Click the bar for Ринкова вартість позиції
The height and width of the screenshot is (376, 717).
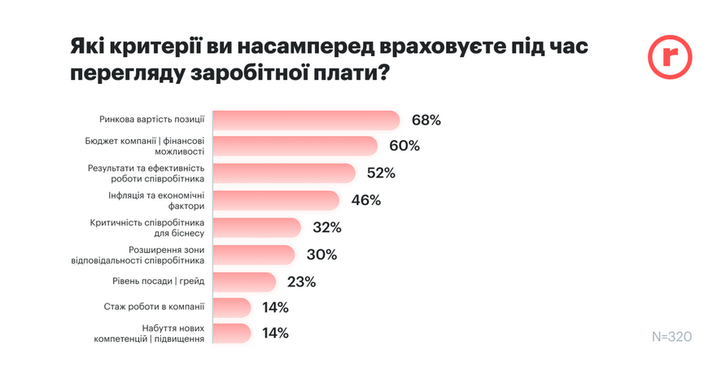point(305,120)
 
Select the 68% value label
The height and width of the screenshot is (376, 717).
point(426,120)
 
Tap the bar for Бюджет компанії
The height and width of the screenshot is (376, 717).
point(295,146)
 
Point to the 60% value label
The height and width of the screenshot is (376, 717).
point(404,146)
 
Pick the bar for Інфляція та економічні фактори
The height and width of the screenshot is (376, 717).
point(275,200)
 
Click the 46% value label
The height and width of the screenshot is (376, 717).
point(366,200)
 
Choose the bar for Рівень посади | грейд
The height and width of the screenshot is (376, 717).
point(244,282)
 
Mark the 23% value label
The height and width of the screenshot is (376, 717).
point(301,282)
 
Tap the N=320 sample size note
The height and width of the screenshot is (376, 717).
point(671,336)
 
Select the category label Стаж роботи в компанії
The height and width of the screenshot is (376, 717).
point(154,308)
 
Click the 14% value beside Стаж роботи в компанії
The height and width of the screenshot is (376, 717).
point(275,308)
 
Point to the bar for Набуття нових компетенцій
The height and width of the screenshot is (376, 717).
point(231,333)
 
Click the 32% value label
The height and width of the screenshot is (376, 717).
point(326,227)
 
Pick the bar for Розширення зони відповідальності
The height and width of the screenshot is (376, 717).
point(253,254)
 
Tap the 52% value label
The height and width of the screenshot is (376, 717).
point(381,173)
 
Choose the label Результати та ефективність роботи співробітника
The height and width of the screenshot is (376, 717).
point(146,173)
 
